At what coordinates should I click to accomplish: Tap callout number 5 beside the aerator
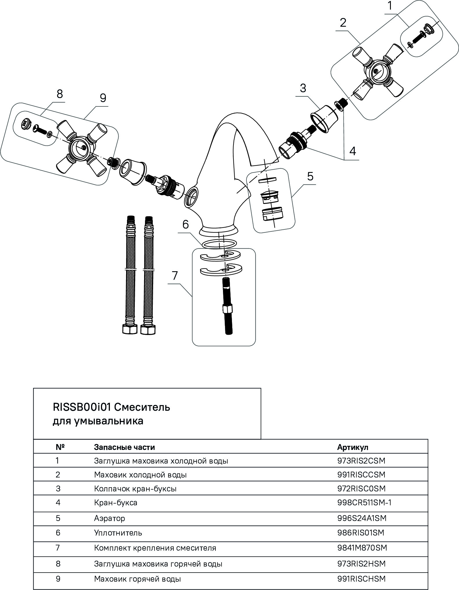tap(310, 176)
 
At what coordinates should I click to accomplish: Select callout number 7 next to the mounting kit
tap(175, 276)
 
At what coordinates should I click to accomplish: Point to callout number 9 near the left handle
tap(103, 98)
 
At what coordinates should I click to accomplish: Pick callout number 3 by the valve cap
tap(303, 88)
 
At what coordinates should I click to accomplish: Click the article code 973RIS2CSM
tap(361, 461)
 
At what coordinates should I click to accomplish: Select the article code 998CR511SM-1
tap(364, 502)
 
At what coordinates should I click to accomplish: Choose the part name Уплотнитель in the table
tap(118, 533)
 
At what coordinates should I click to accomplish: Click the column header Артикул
tap(352, 447)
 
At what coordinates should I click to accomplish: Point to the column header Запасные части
tap(124, 447)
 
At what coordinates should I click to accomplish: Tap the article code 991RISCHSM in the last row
tap(361, 579)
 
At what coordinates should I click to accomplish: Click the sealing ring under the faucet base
tap(219, 243)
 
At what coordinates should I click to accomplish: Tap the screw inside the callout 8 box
tap(39, 129)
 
